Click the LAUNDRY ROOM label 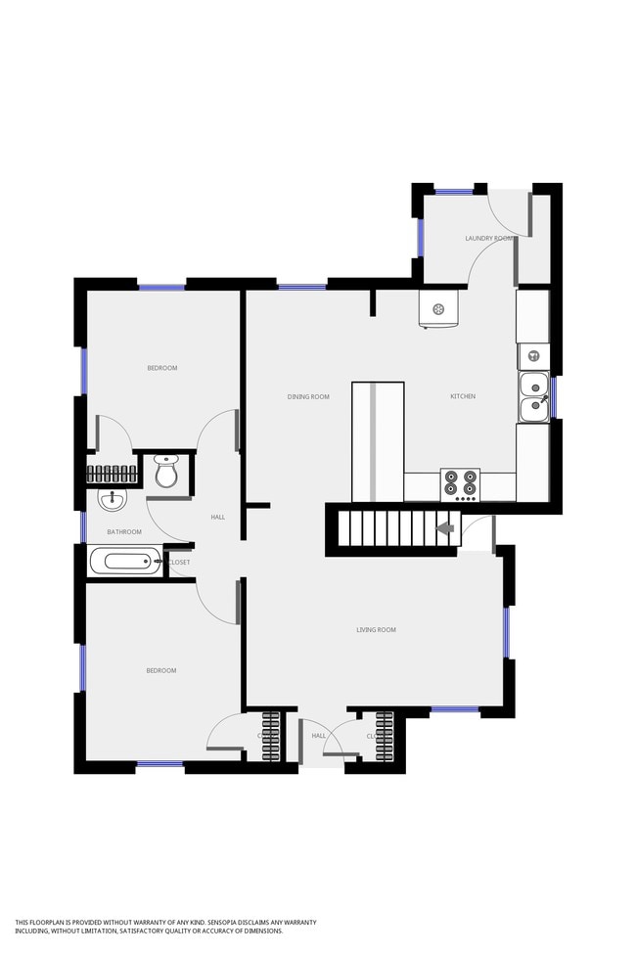point(488,239)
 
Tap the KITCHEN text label point(463,396)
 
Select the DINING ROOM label point(308,396)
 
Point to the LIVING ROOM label point(376,630)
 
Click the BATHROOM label point(124,532)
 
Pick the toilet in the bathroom point(166,472)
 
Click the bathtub point(124,562)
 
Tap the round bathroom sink point(113,500)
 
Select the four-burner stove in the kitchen point(461,483)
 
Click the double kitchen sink point(533,396)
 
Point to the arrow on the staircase point(444,529)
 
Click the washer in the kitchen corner point(438,309)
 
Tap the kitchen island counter point(378,440)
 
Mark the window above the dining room point(301,287)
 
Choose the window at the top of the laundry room point(454,192)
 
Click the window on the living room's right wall point(507,632)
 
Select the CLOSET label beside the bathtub point(180,563)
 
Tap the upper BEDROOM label point(162,368)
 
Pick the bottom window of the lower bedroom point(159,763)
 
